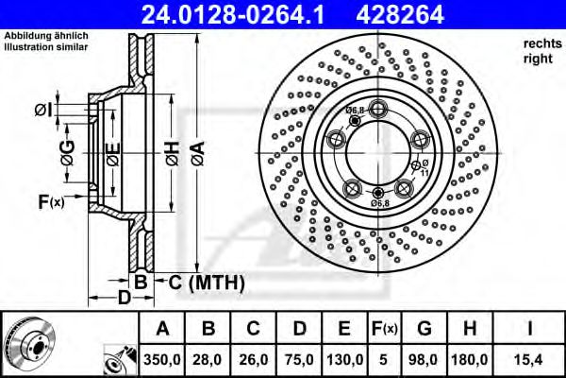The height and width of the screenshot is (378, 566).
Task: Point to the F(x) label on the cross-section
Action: click(x=50, y=201)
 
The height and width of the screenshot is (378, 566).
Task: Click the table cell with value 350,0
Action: click(x=163, y=359)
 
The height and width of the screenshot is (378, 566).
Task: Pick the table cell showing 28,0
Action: click(x=208, y=359)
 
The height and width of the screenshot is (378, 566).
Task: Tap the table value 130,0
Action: click(x=344, y=359)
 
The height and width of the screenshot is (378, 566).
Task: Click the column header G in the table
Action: click(x=424, y=329)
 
